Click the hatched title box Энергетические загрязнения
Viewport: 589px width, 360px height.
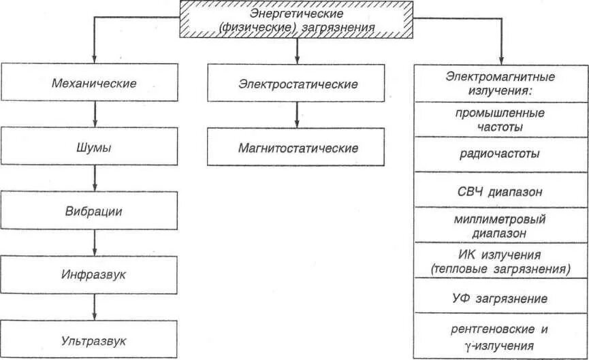pyautogui.click(x=297, y=20)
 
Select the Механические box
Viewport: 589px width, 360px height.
pyautogui.click(x=94, y=83)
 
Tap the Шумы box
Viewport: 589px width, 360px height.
pyautogui.click(x=94, y=147)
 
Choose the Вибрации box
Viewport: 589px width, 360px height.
pyautogui.click(x=94, y=210)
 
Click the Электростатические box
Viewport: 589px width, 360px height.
pyautogui.click(x=298, y=84)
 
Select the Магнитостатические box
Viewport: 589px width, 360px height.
pyautogui.click(x=298, y=147)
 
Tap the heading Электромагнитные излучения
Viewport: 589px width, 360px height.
pyautogui.click(x=500, y=83)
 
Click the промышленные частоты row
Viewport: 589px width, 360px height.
pyautogui.click(x=500, y=119)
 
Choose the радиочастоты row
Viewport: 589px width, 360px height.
pyautogui.click(x=500, y=154)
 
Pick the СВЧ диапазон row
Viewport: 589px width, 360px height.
pyautogui.click(x=500, y=191)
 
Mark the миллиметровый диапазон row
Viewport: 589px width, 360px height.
pyautogui.click(x=500, y=226)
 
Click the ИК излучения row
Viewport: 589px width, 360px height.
pyautogui.click(x=500, y=261)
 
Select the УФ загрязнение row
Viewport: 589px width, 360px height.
pyautogui.click(x=500, y=298)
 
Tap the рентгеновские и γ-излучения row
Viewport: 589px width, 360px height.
pyautogui.click(x=500, y=336)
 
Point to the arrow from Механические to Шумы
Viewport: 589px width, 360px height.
pyautogui.click(x=95, y=114)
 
